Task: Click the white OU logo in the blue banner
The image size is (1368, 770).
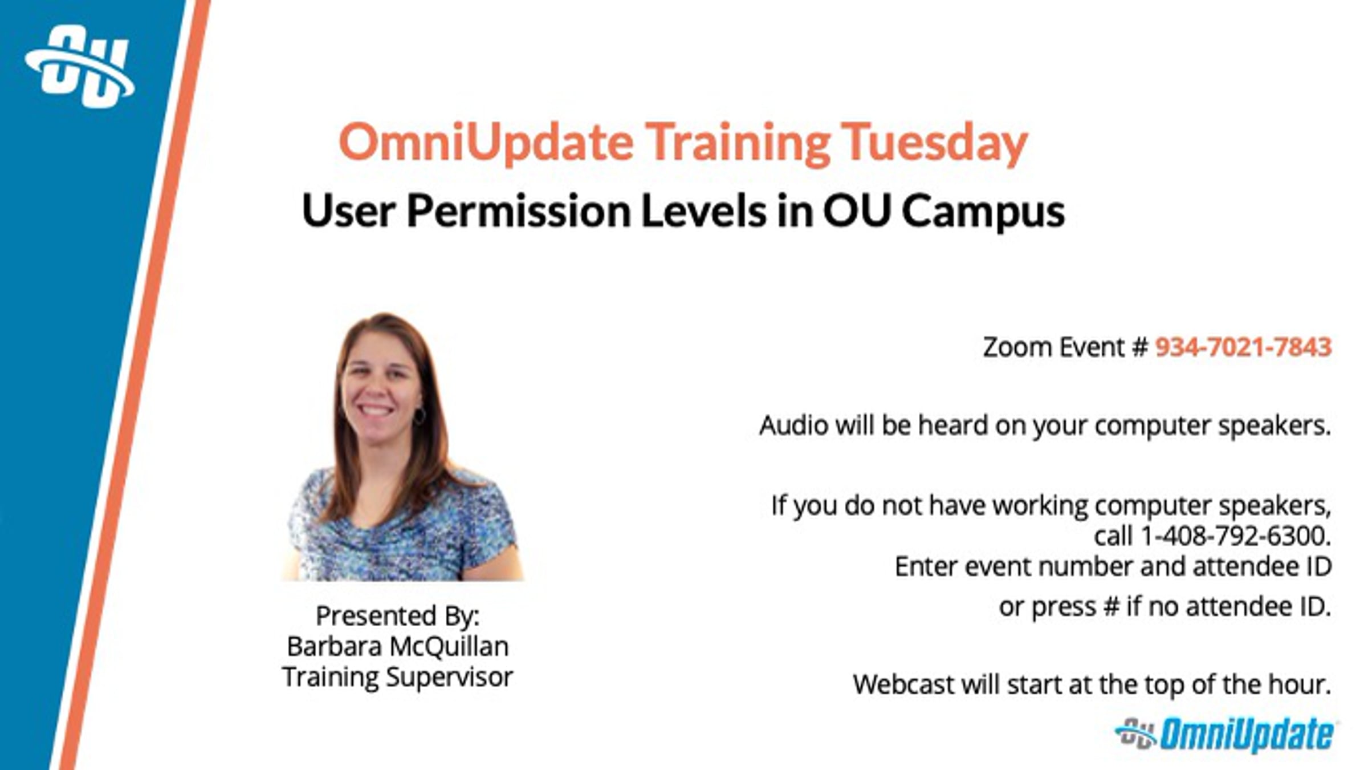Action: pyautogui.click(x=80, y=66)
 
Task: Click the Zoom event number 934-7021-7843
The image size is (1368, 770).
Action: pyautogui.click(x=1243, y=347)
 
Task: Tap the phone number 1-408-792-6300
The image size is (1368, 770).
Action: pyautogui.click(x=1235, y=536)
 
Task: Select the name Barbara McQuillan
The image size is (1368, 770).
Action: pyautogui.click(x=398, y=646)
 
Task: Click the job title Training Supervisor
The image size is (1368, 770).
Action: pyautogui.click(x=398, y=678)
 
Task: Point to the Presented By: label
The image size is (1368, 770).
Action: pyautogui.click(x=398, y=615)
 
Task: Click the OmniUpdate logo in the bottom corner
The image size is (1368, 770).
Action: pyautogui.click(x=1225, y=735)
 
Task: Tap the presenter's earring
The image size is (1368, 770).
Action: pyautogui.click(x=420, y=415)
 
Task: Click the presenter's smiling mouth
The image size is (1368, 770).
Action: pyautogui.click(x=377, y=410)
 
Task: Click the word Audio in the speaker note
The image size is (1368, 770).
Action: pyautogui.click(x=793, y=425)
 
